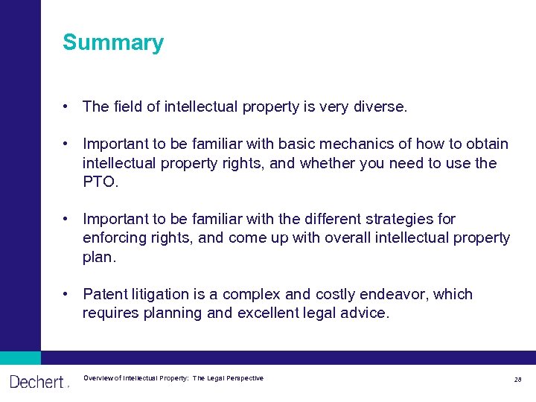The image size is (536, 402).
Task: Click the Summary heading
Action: point(113,42)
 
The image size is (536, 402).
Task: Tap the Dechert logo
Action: point(37,382)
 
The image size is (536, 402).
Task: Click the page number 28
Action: point(517,380)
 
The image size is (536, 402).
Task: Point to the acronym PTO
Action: point(99,182)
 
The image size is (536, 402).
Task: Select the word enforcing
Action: point(112,237)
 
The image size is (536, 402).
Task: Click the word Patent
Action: point(103,294)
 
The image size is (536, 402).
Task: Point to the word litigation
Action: point(158,294)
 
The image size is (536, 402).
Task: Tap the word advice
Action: point(364,313)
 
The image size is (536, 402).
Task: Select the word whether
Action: point(327,162)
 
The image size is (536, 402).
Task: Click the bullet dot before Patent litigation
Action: point(67,294)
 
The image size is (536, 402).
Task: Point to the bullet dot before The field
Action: point(67,106)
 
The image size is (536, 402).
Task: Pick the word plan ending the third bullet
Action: point(98,257)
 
